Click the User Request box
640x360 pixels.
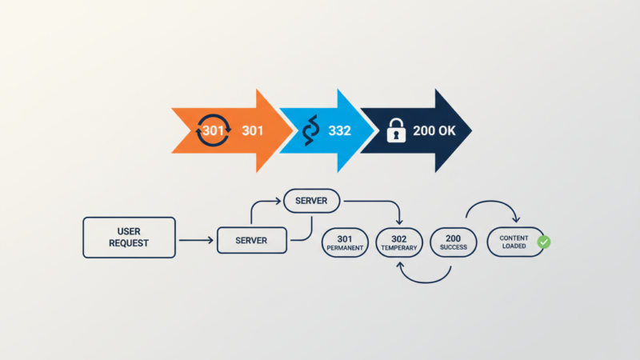129,237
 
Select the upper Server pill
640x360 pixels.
312,200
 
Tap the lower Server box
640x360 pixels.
251,240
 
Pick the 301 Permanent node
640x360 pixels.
346,242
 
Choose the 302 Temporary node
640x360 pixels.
399,242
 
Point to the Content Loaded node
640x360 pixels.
513,242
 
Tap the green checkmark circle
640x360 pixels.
544,242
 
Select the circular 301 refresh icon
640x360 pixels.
213,130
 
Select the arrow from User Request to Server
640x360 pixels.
196,239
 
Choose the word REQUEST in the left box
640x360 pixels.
129,243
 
